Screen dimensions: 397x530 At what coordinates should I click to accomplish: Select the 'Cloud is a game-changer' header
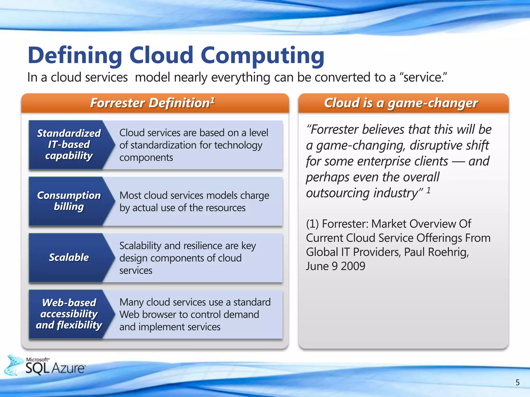tap(401, 103)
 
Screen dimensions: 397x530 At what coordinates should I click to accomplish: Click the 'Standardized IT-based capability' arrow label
tap(69, 144)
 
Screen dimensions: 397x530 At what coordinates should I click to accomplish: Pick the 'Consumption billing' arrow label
tap(69, 201)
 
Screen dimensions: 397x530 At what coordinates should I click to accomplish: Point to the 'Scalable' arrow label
tap(69, 257)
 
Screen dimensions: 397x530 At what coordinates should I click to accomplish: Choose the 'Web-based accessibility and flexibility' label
tap(69, 314)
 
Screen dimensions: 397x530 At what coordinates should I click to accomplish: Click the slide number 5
tap(517, 382)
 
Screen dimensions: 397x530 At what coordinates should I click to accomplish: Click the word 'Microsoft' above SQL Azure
tap(38, 360)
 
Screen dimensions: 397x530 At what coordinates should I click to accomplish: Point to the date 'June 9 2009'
tap(336, 266)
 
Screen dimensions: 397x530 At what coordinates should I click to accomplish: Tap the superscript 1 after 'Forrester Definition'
tap(212, 100)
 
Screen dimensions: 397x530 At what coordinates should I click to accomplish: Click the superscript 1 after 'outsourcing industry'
tap(429, 190)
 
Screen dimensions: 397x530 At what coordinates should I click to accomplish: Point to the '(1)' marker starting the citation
tap(312, 224)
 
